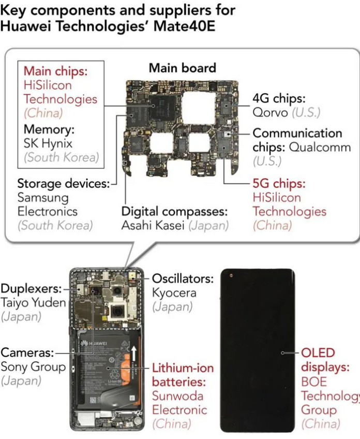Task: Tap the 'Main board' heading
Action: [x=182, y=68]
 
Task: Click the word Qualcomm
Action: [x=315, y=147]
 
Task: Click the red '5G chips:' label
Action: [x=279, y=183]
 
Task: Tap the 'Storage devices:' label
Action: [x=63, y=183]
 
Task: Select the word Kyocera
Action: [x=174, y=292]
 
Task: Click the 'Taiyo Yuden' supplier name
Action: [x=33, y=303]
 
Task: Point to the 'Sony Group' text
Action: [x=33, y=367]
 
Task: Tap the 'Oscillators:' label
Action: [x=183, y=279]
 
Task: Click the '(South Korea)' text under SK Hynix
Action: [x=61, y=157]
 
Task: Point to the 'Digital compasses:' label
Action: [x=174, y=211]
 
